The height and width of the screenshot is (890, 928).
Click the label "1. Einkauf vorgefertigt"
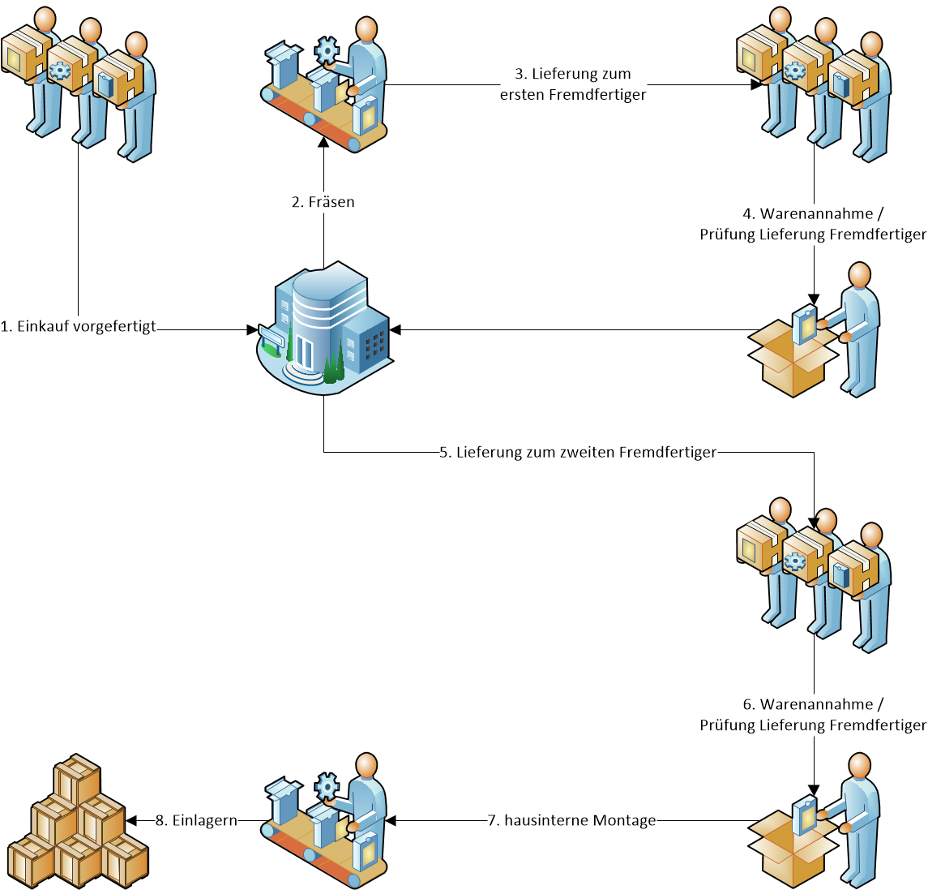(79, 327)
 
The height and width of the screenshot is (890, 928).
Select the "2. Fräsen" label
(323, 202)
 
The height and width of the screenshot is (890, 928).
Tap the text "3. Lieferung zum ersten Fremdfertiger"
(573, 84)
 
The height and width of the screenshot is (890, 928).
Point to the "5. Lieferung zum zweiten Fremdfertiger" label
(578, 452)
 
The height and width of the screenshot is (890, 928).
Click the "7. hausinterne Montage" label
(571, 820)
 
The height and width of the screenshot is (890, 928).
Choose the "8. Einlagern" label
(196, 820)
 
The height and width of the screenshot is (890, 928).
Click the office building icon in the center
(324, 329)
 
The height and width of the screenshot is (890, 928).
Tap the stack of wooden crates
(78, 823)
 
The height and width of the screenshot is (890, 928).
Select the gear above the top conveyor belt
(327, 50)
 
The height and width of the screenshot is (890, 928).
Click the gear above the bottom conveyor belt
(327, 785)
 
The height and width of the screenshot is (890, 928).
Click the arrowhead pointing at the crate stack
(131, 820)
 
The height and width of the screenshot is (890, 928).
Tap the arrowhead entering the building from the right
(395, 329)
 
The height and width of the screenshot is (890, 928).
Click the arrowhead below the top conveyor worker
(323, 141)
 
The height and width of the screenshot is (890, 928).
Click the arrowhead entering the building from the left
(251, 329)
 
